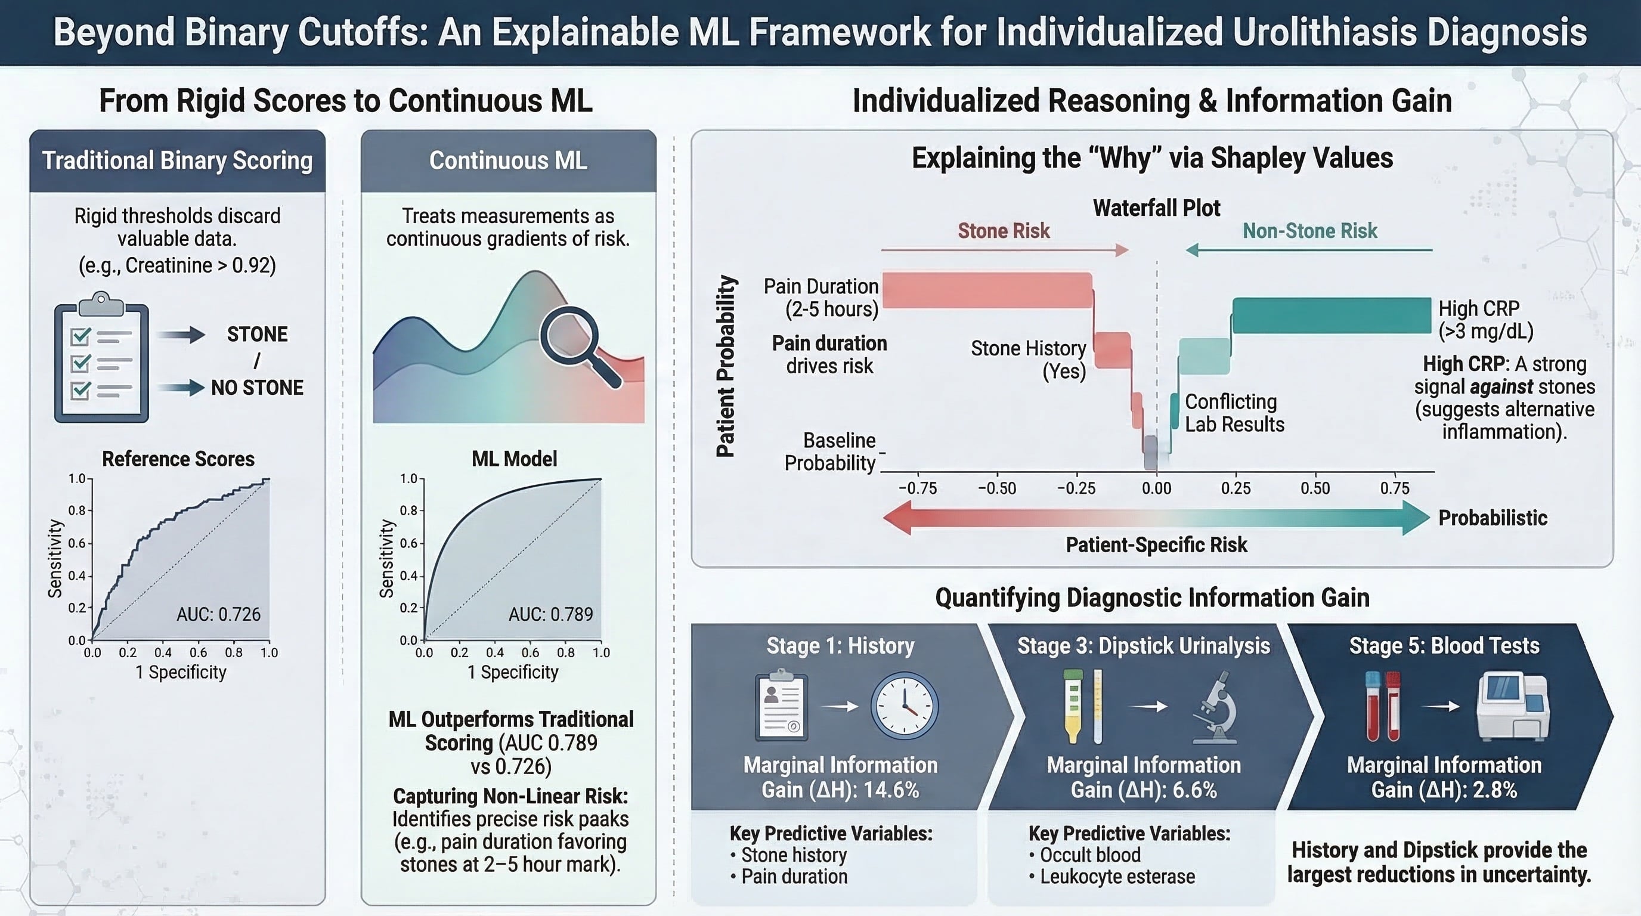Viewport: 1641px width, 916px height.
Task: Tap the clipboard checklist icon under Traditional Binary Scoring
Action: point(101,357)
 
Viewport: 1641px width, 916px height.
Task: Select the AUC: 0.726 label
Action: point(218,614)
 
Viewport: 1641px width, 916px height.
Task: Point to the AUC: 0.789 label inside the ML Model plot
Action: point(550,614)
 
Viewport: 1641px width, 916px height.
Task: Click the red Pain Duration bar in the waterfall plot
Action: point(987,290)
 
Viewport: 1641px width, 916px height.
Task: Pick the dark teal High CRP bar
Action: point(1332,315)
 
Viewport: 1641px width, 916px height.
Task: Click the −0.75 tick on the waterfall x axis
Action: point(917,488)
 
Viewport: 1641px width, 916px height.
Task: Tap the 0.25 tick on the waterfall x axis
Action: point(1236,488)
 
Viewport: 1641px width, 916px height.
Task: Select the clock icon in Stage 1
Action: point(904,706)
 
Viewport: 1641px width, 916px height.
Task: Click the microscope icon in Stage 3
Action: point(1215,707)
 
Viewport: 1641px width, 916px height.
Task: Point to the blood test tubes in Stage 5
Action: point(1383,706)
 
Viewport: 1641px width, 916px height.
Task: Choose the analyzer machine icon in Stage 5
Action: point(1513,707)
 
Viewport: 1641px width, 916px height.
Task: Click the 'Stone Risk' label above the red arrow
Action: point(1004,231)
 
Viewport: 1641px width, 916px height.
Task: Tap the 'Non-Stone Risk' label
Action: point(1309,231)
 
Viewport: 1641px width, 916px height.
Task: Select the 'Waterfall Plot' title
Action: point(1156,208)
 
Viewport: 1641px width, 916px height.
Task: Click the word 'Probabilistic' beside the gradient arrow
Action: point(1493,518)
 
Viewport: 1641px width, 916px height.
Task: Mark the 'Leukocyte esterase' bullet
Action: point(1112,877)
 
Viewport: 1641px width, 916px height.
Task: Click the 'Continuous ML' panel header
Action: point(509,160)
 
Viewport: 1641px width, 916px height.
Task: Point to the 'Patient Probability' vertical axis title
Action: point(726,366)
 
